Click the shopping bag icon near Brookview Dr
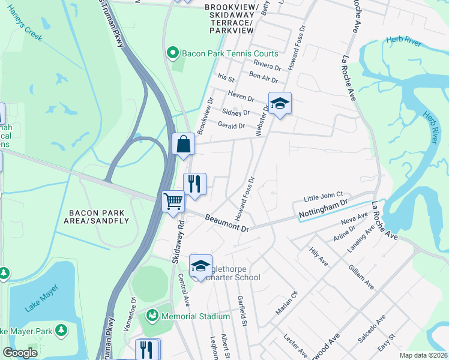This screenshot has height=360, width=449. coord(183,145)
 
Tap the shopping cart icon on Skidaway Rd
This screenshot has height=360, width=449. coord(173,201)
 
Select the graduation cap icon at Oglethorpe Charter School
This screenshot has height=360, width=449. coord(200,265)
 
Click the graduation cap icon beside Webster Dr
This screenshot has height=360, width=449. coord(280,103)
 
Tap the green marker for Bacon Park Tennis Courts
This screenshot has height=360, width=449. coord(173,53)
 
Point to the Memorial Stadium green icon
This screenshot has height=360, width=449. coord(152,316)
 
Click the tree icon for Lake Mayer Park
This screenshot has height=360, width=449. coord(61,330)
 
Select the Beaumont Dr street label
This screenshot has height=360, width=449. coord(226,223)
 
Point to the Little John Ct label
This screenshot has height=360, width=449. coord(322,195)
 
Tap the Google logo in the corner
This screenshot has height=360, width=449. coord(20,353)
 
